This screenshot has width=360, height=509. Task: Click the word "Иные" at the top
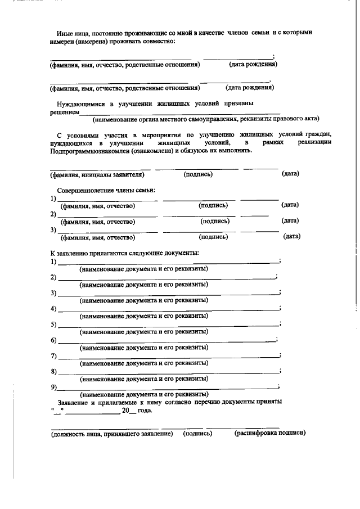[x=66, y=33]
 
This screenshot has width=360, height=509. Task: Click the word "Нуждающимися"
[x=80, y=104]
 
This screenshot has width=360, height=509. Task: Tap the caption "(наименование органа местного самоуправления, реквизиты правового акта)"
[x=206, y=119]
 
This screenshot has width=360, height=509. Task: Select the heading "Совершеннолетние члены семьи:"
[x=106, y=191]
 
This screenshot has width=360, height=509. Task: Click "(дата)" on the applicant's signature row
[x=290, y=174]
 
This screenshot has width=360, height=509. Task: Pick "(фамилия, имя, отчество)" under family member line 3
[x=98, y=237]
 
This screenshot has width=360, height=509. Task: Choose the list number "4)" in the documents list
[x=53, y=309]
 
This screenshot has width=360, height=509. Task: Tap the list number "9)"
[x=53, y=388]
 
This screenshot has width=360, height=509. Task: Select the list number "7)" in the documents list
[x=53, y=356]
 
